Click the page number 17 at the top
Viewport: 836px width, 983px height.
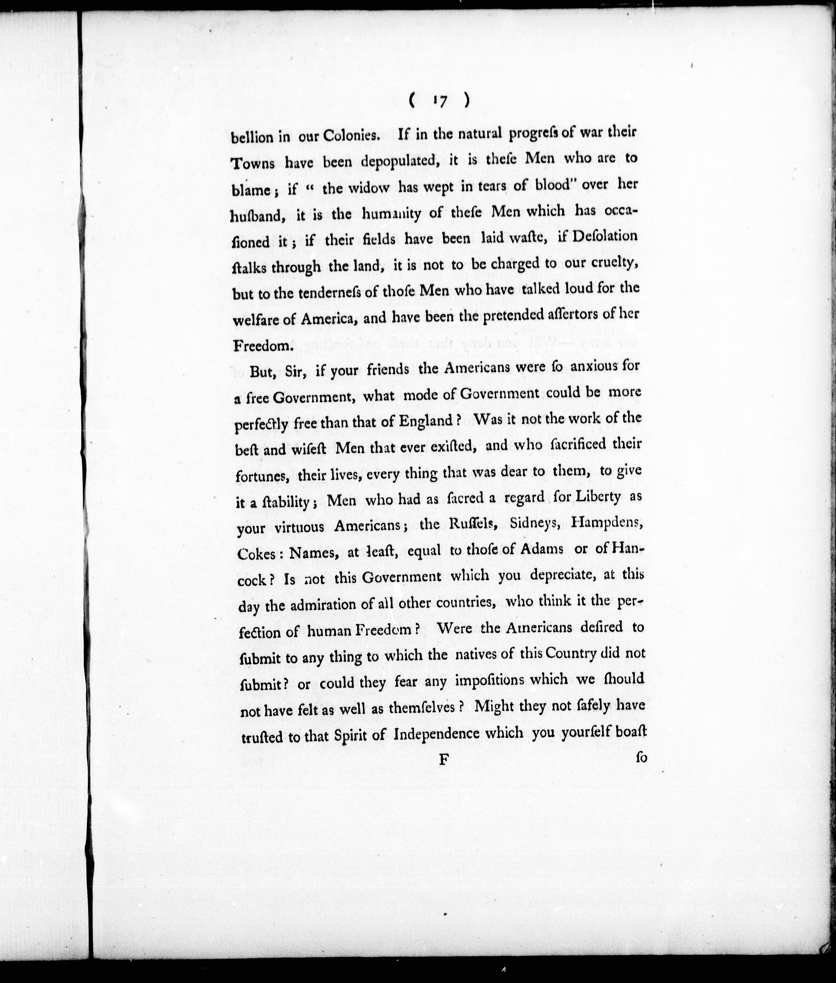point(440,101)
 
